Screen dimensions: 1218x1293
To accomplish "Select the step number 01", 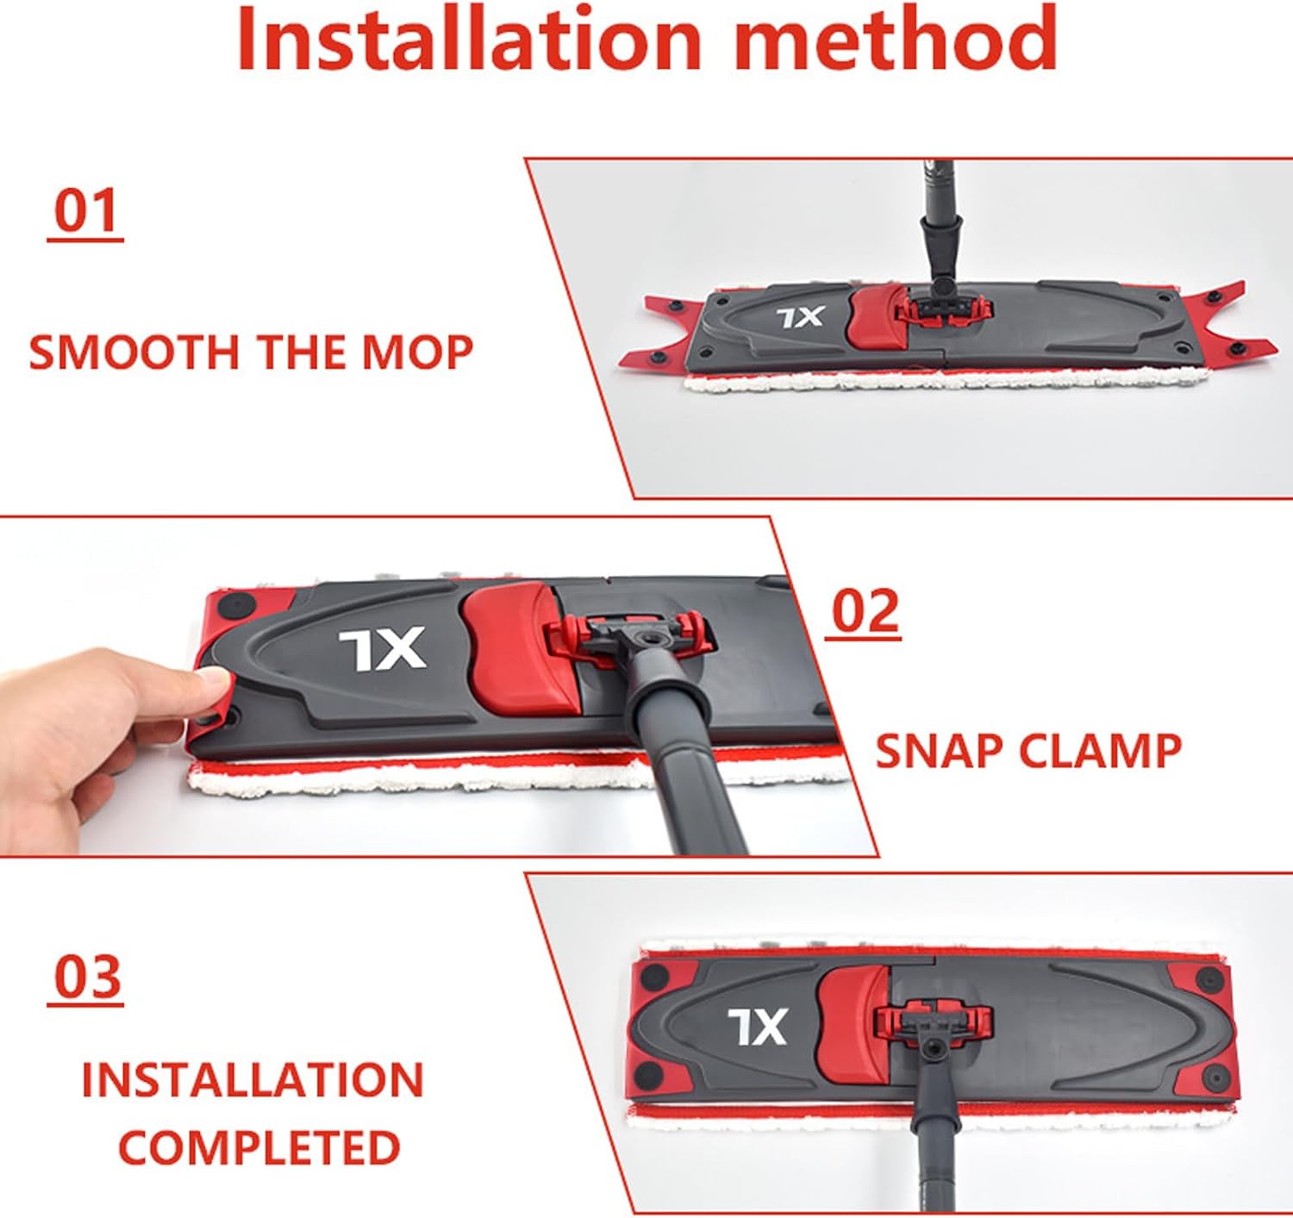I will [85, 212].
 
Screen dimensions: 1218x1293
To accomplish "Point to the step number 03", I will [86, 977].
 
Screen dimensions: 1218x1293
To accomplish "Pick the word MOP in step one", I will [417, 353].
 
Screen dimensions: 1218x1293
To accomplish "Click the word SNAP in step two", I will [939, 751].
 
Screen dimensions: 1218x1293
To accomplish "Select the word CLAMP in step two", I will [1100, 751].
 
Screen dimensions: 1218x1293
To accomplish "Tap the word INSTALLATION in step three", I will [253, 1080].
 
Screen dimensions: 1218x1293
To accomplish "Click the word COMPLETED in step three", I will [259, 1147].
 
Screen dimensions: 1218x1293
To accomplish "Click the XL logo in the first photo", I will [801, 318].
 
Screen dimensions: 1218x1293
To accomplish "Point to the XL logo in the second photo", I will [382, 648].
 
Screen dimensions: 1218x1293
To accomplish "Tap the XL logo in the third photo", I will [757, 1027].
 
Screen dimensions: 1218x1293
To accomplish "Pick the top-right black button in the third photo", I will [1209, 979].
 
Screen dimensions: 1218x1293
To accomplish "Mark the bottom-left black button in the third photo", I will [648, 1075].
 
